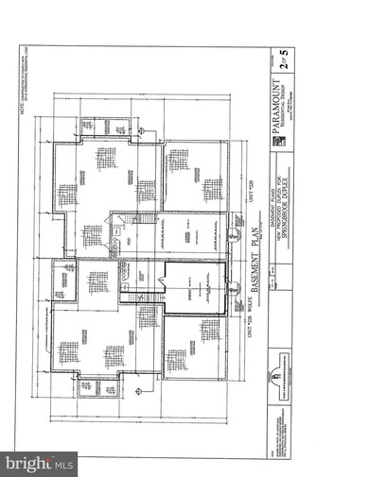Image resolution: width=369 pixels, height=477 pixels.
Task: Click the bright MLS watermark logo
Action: click(x=39, y=463)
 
